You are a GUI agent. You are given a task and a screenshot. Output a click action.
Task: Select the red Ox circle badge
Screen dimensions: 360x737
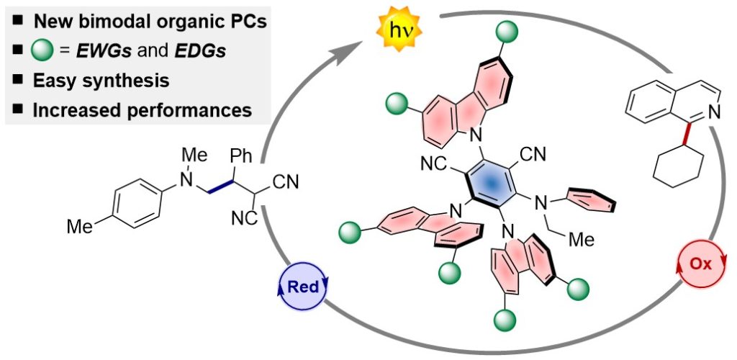click(x=700, y=264)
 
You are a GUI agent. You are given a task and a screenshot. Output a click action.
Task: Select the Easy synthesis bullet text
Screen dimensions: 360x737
click(x=101, y=81)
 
